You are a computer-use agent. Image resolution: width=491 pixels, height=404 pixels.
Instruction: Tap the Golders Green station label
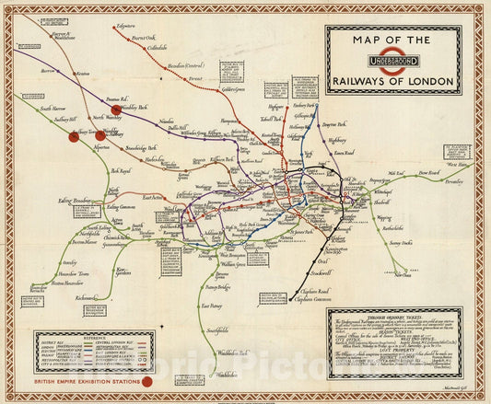point(237,89)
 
